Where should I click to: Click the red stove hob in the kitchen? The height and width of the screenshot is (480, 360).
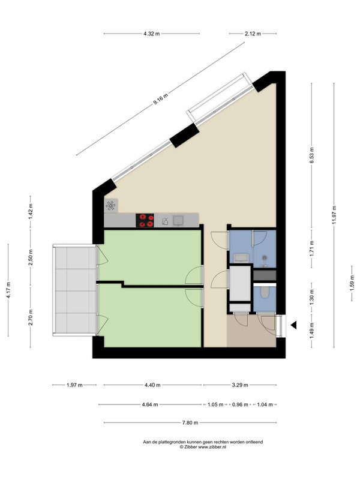pyautogui.click(x=145, y=220)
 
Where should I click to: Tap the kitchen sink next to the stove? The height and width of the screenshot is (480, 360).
pyautogui.click(x=178, y=220)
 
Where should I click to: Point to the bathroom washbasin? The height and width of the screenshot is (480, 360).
pyautogui.click(x=241, y=258)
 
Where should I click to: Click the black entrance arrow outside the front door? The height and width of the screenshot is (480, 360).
pyautogui.click(x=293, y=325)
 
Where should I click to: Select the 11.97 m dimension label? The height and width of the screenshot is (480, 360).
pyautogui.click(x=335, y=213)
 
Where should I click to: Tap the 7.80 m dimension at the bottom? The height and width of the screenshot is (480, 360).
pyautogui.click(x=190, y=423)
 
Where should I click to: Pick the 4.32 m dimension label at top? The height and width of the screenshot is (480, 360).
pyautogui.click(x=152, y=34)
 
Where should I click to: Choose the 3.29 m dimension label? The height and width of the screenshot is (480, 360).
pyautogui.click(x=240, y=385)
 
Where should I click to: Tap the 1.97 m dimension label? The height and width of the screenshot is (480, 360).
pyautogui.click(x=75, y=385)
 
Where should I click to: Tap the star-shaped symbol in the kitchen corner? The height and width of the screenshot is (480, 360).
pyautogui.click(x=112, y=206)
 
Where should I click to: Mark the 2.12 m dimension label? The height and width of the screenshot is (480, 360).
pyautogui.click(x=254, y=34)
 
